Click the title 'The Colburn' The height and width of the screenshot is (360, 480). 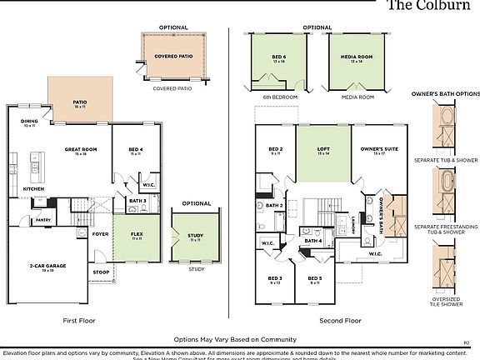pos(432,5)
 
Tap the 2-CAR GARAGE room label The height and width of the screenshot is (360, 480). pos(47,266)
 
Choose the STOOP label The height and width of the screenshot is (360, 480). pos(101,272)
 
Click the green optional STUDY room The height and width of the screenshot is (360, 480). pos(195,237)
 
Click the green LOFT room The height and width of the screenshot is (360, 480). pos(322,152)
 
